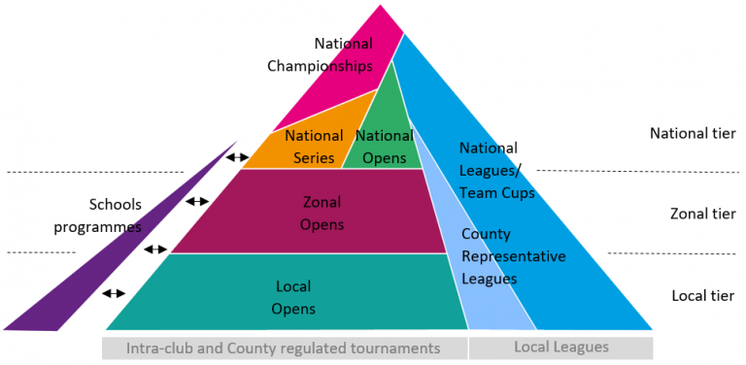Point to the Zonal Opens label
coord(323,213)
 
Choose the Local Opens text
coord(293,298)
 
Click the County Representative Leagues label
coord(513,256)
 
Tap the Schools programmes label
coord(116,215)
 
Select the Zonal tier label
coord(702,214)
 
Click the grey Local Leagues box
coord(560,347)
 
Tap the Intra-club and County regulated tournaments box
coord(285,347)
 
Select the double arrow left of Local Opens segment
coord(114,292)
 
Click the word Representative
coord(513,256)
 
